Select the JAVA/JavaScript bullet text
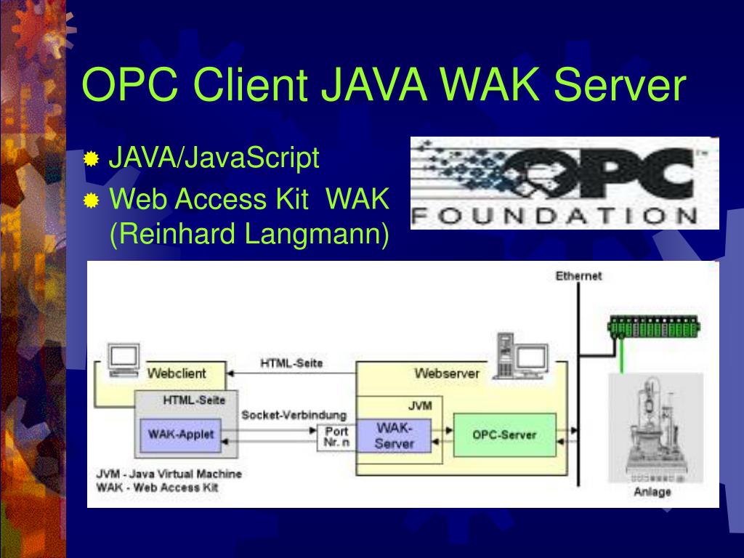[x=214, y=158]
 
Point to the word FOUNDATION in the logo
[x=555, y=217]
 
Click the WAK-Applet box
[x=181, y=434]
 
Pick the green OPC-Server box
[x=504, y=434]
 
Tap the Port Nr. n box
[x=336, y=437]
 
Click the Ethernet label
[x=578, y=276]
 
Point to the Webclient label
[x=177, y=373]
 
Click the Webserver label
[x=447, y=373]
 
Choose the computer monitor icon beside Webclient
[x=123, y=359]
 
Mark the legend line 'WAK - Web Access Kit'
[x=157, y=488]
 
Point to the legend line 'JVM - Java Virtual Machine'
[x=169, y=474]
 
